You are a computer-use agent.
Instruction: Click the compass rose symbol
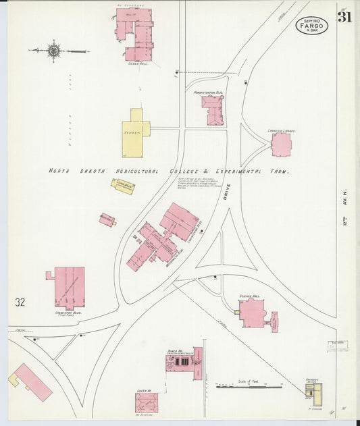tap(53, 51)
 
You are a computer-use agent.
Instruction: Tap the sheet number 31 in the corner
tap(344, 18)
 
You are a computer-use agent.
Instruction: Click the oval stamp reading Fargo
tap(312, 26)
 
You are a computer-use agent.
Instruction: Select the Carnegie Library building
tap(281, 144)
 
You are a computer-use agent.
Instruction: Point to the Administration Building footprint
tap(213, 110)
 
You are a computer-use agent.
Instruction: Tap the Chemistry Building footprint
tap(69, 286)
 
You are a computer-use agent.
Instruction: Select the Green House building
tap(146, 403)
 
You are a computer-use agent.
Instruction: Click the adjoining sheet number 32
tap(20, 302)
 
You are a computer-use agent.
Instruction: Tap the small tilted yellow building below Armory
tap(123, 186)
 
